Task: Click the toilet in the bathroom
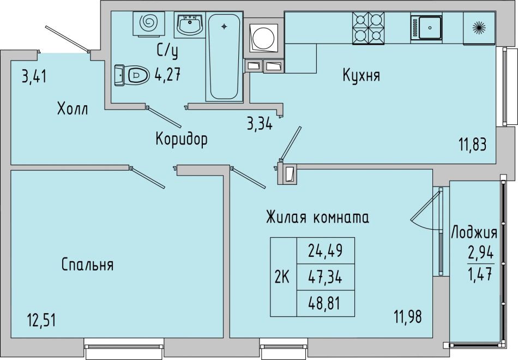tap(131, 75)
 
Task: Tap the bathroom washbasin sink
tap(190, 24)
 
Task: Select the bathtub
tap(224, 56)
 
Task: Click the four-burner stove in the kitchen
tap(369, 28)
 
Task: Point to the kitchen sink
tap(426, 28)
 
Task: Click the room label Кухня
tap(362, 75)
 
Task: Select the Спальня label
tap(88, 265)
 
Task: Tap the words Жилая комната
tap(317, 218)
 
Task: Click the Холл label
tap(73, 109)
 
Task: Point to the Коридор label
tap(182, 139)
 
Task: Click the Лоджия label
tap(474, 232)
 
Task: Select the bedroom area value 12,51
tap(41, 320)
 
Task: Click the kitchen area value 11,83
tap(472, 145)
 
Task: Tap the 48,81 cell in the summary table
tap(326, 303)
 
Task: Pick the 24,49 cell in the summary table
tap(326, 250)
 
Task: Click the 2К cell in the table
tap(283, 277)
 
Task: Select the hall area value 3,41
tap(34, 77)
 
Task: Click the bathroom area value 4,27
tap(168, 75)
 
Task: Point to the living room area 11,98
tap(408, 317)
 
